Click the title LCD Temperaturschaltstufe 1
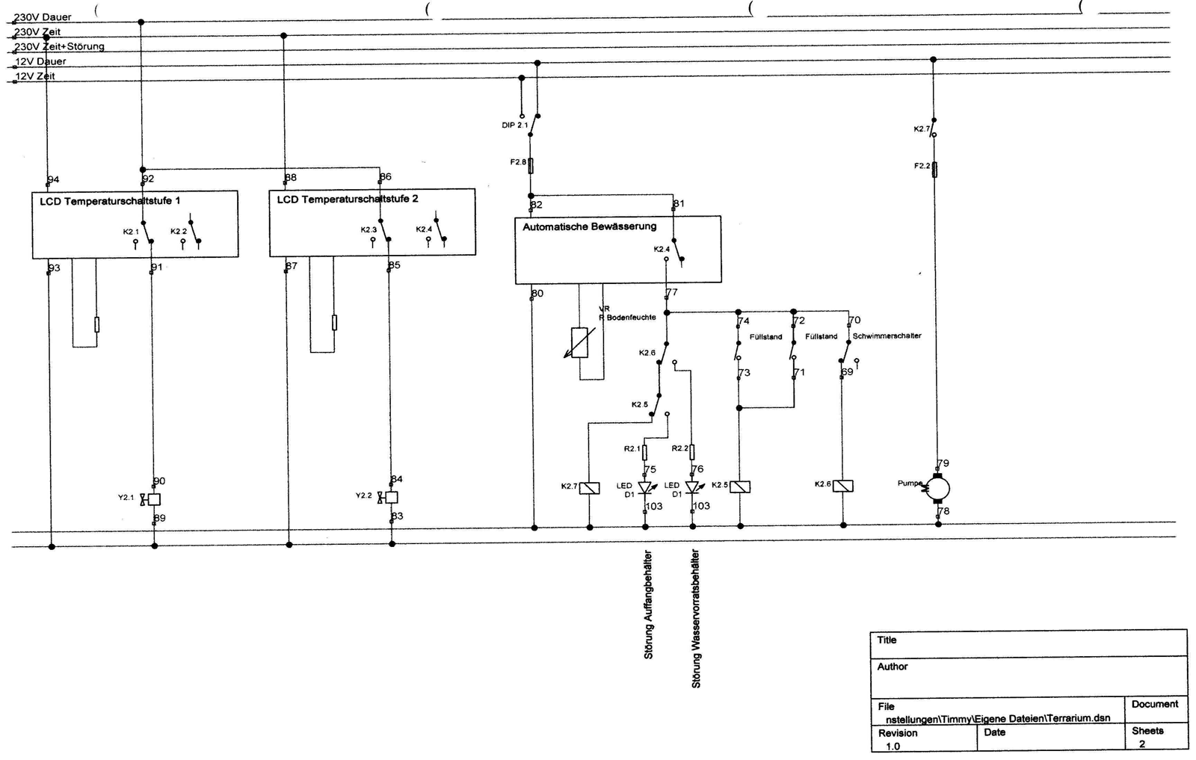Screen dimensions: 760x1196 [110, 201]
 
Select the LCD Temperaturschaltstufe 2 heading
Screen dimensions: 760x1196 [348, 200]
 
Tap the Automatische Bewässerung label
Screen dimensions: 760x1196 [589, 226]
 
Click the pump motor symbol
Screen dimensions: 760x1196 [938, 488]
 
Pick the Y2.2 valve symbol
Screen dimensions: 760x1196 [390, 497]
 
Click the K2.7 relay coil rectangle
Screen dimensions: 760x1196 [590, 488]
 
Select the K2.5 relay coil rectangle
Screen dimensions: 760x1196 [740, 486]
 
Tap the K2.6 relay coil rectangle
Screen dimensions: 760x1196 [843, 486]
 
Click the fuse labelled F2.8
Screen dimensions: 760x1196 [531, 164]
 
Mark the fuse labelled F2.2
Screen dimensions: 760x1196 [934, 169]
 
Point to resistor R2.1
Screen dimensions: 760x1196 [645, 451]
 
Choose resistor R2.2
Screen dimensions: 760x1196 [692, 451]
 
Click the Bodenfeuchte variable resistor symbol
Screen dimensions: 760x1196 [579, 343]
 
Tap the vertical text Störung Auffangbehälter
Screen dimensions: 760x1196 [648, 605]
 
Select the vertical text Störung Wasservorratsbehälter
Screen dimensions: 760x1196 [696, 619]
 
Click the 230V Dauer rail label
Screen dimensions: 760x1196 [43, 17]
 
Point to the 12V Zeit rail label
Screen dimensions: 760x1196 [36, 76]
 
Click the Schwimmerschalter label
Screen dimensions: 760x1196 [887, 336]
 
